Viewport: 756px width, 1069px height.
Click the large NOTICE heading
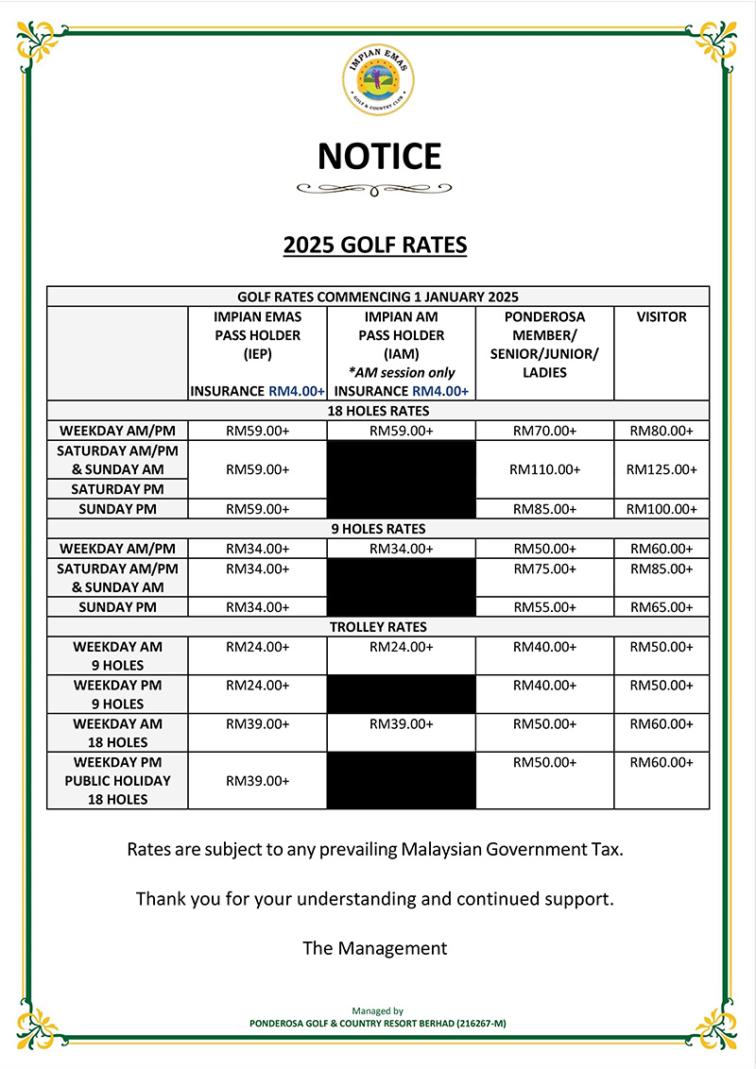[x=379, y=156]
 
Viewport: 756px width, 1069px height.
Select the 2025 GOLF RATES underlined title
[x=375, y=246]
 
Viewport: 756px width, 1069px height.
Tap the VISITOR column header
[x=661, y=317]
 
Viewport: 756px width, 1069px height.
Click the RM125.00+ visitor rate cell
[x=661, y=469]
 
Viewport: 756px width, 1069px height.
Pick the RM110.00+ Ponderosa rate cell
[x=544, y=469]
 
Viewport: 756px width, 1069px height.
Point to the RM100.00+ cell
[x=661, y=509]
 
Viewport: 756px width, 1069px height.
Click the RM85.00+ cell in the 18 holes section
[x=544, y=509]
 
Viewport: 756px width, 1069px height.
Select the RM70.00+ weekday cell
[x=544, y=431]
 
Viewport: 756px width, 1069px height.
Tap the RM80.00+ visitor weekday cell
[x=661, y=431]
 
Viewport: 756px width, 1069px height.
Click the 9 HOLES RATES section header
[x=378, y=529]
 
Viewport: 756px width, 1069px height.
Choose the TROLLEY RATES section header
[x=378, y=627]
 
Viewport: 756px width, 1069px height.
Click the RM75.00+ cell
[x=544, y=568]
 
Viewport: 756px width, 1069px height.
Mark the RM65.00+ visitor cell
[x=661, y=607]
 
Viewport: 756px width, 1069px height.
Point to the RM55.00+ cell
[x=544, y=607]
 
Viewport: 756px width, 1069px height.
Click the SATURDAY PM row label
[x=117, y=489]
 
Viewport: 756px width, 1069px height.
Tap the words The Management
[x=375, y=947]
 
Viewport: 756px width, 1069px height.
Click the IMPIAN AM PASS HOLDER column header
[x=402, y=335]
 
